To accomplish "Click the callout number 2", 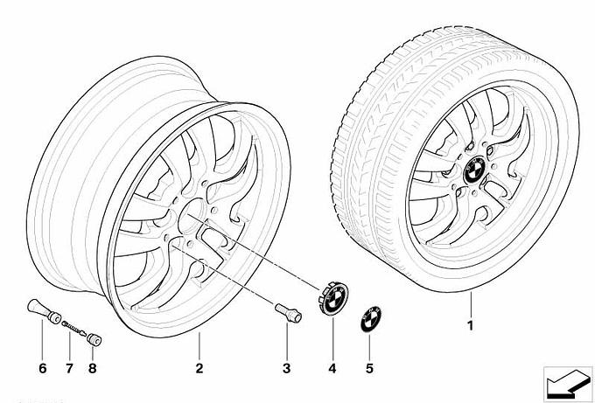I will [199, 368].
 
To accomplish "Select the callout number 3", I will [284, 368].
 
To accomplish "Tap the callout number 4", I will [332, 368].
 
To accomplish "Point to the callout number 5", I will [369, 368].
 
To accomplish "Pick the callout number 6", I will [42, 368].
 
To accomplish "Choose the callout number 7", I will [68, 368].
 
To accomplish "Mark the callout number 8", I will [93, 368].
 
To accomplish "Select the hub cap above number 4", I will [333, 299].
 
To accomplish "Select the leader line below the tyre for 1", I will [470, 307].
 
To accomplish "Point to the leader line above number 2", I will [199, 345].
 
